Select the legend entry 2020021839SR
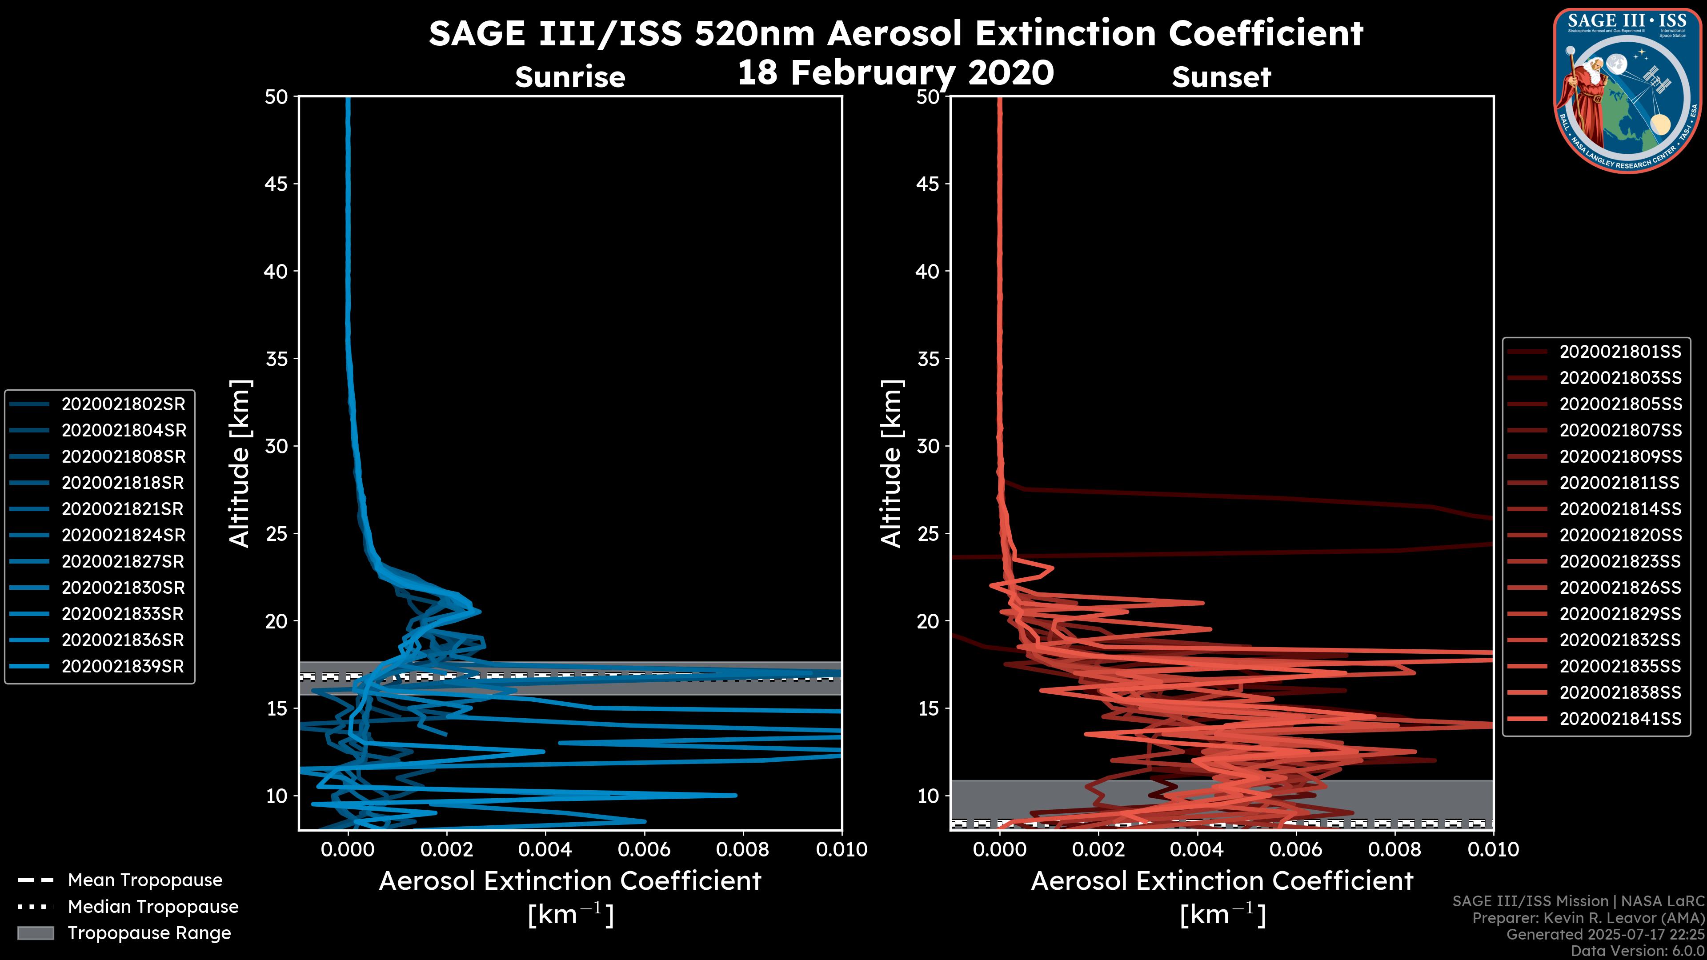pos(123,667)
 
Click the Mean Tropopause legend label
pos(145,880)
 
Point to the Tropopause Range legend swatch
pos(35,933)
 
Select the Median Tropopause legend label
pos(153,907)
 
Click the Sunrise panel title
pos(570,77)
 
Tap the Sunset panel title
pos(1221,77)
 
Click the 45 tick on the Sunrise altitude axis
pos(276,184)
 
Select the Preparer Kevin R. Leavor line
pos(1588,918)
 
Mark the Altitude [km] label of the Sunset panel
pos(891,464)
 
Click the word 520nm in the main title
pos(755,33)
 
